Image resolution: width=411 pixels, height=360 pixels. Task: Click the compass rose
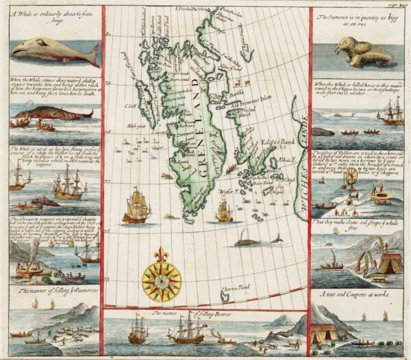click(x=162, y=277)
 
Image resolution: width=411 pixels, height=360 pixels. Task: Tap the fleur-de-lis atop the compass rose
click(x=162, y=253)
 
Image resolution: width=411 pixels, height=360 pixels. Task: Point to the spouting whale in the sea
click(x=257, y=240)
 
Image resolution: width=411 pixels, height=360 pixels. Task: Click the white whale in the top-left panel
click(x=55, y=49)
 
